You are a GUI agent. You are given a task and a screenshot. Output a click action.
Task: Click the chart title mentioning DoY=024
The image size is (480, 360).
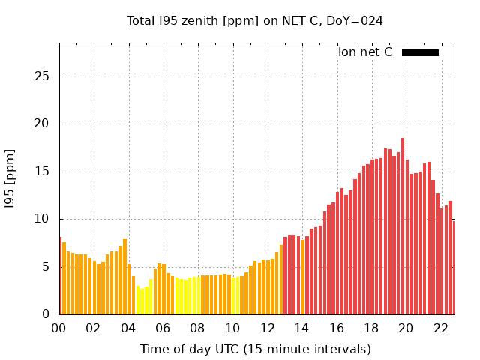[x=255, y=20]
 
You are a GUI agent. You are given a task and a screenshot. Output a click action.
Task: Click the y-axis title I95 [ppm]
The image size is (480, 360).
[x=10, y=178]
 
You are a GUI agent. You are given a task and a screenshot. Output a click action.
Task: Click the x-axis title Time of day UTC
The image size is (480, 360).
[x=255, y=349]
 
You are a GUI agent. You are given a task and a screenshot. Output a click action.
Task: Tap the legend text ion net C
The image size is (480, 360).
[x=365, y=52]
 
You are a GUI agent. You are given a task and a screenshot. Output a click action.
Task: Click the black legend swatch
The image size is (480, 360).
[x=420, y=52]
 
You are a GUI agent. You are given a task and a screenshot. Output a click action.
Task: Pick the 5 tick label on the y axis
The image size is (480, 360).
[x=46, y=266]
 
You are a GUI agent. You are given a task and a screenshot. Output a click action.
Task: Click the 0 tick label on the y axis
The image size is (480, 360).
[x=46, y=314]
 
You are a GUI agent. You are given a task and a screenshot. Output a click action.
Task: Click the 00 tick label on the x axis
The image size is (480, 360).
[x=59, y=328]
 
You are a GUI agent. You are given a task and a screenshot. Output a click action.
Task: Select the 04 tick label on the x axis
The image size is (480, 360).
[x=128, y=328]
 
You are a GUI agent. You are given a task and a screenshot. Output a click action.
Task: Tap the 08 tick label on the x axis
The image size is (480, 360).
[x=197, y=328]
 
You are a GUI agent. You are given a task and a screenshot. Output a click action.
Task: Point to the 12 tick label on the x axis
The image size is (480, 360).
[x=267, y=328]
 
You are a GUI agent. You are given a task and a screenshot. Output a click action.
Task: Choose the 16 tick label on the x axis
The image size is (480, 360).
[x=336, y=328]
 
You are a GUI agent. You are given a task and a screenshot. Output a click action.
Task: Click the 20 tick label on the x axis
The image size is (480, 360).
[x=406, y=328]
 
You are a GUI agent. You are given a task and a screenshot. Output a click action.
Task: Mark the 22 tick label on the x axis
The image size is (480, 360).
[x=440, y=328]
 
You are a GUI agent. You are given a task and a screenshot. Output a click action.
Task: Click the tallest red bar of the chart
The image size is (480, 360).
[x=403, y=226]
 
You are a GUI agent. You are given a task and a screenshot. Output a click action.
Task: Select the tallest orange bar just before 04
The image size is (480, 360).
[x=124, y=276]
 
